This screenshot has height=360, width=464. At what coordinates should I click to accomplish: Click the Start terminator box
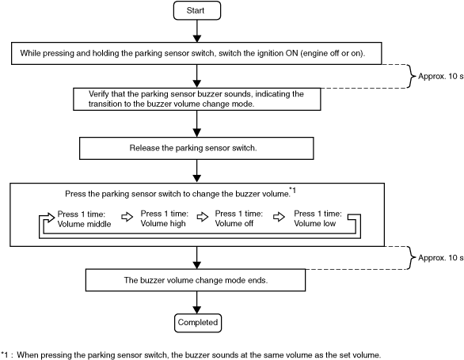click(197, 10)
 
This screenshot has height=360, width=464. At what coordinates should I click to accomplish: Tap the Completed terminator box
click(198, 323)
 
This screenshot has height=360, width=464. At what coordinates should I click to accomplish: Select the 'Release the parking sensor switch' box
click(196, 148)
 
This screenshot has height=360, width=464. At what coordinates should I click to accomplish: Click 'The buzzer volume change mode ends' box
click(196, 280)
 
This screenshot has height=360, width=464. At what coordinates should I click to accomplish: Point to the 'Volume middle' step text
click(84, 219)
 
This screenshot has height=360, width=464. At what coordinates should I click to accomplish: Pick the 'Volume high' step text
click(164, 218)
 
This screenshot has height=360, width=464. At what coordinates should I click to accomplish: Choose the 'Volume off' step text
click(239, 218)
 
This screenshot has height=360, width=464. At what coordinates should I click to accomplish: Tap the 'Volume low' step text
click(318, 218)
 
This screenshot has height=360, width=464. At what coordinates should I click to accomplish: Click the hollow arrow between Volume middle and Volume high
click(127, 217)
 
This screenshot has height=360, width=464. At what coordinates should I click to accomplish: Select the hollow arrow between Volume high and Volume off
click(203, 217)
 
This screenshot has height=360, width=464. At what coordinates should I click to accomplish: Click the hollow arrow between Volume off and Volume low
click(279, 217)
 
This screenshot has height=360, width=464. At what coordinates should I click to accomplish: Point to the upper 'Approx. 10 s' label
click(440, 76)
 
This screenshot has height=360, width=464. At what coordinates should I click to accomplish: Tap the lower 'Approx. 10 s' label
click(440, 258)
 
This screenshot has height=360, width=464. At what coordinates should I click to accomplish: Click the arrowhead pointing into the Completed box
click(197, 309)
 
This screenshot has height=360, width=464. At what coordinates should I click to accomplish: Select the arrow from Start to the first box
click(197, 31)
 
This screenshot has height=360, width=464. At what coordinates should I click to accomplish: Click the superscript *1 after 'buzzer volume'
click(292, 191)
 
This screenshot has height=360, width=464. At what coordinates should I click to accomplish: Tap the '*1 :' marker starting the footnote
click(7, 354)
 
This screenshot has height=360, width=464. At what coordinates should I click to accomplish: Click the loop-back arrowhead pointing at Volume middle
click(51, 218)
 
